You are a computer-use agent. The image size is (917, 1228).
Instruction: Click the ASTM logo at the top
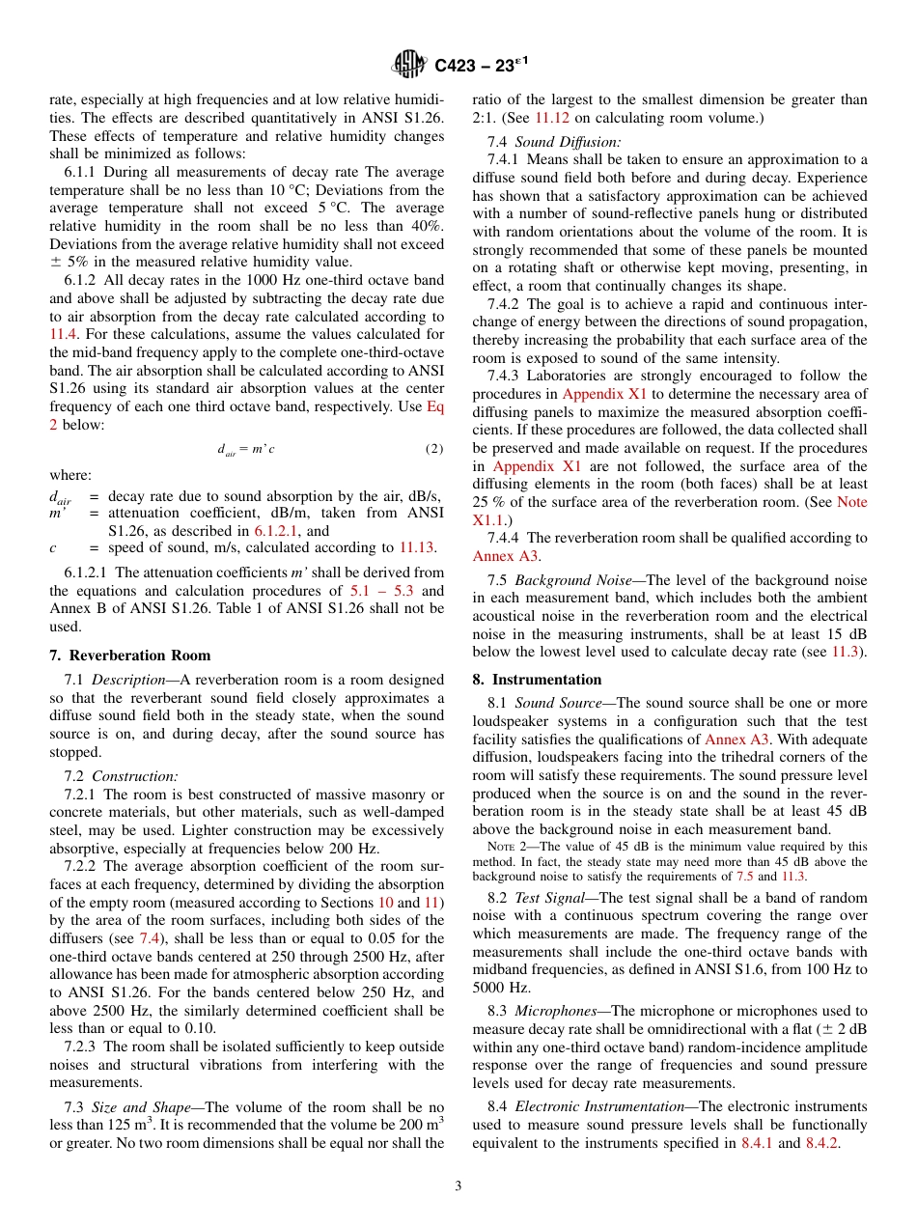[x=409, y=66]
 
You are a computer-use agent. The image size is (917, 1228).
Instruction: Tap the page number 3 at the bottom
[x=458, y=1186]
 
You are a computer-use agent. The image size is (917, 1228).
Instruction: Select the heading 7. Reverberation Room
[x=129, y=656]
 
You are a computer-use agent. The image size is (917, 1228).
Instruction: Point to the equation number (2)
[x=433, y=449]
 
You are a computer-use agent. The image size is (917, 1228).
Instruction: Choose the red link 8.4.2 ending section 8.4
[x=823, y=1143]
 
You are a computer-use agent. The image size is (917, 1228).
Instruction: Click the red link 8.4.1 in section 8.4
[x=758, y=1143]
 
